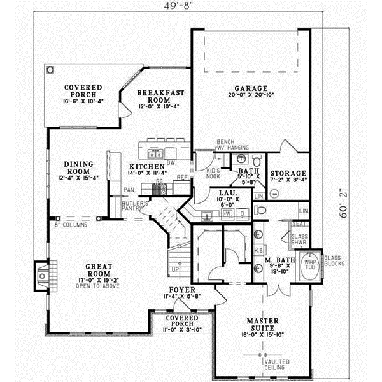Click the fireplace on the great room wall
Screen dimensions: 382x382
(x=41, y=275)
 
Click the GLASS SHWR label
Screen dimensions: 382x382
(x=299, y=240)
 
